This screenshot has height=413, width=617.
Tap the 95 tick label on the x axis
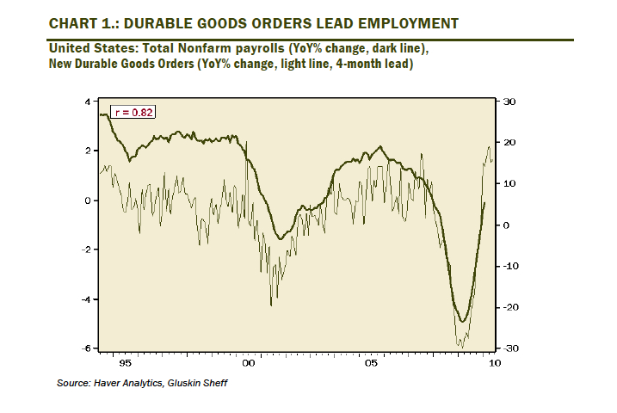point(126,363)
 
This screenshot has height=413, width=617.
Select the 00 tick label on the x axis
point(249,363)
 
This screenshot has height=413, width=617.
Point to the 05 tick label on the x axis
point(371,363)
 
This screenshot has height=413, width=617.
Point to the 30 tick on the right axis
point(509,102)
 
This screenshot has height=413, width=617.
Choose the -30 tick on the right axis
point(508,348)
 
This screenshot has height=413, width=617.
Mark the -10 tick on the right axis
point(508,266)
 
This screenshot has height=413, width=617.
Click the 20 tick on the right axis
point(509,143)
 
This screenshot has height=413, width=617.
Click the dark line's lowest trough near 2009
point(463,322)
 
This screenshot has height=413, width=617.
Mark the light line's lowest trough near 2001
point(271,305)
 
